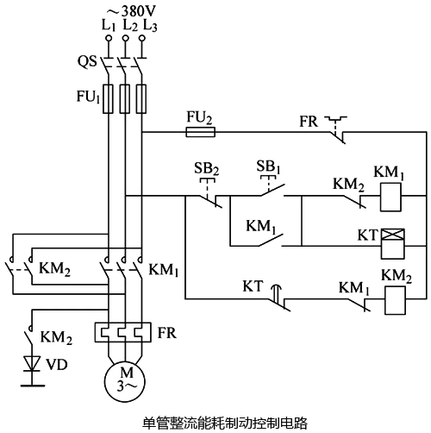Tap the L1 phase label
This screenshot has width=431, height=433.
tap(108, 25)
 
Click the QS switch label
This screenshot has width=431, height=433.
tap(87, 62)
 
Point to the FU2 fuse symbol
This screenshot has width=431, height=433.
tap(200, 132)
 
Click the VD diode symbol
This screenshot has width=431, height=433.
tap(34, 363)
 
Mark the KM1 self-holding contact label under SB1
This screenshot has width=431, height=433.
tap(262, 226)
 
